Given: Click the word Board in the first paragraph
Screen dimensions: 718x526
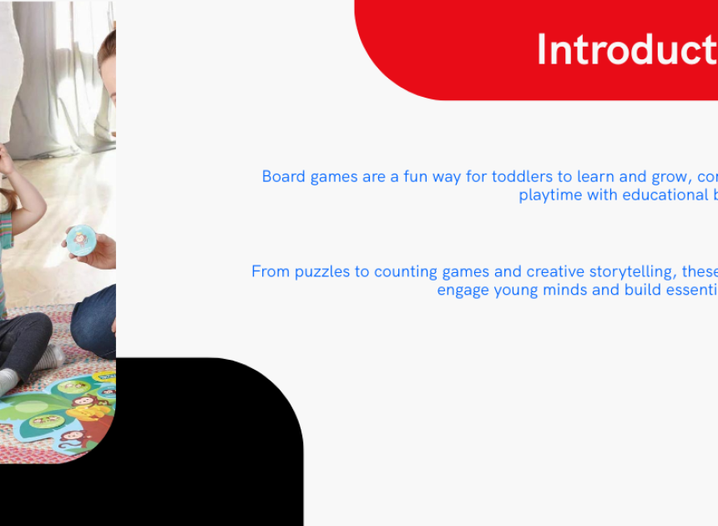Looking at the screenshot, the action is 284,176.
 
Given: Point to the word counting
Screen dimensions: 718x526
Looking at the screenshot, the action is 406,271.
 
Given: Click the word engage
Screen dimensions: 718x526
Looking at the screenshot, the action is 463,291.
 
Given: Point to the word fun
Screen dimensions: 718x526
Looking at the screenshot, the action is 415,176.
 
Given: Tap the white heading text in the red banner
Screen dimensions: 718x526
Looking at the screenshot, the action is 627,49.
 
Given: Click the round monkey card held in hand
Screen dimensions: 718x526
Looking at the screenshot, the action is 81,240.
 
